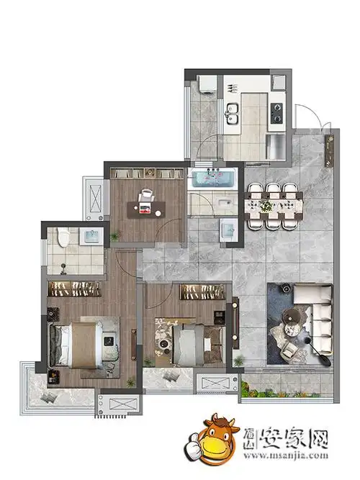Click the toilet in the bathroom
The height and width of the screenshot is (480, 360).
click(63, 237)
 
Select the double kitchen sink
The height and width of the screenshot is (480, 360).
click(233, 114)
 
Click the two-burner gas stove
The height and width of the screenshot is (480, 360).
click(278, 113)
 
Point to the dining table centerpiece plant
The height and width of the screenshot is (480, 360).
click(266, 206)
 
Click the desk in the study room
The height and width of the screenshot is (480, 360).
click(146, 209)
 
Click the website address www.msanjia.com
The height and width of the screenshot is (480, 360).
click(286, 456)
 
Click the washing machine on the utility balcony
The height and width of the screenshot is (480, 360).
click(207, 83)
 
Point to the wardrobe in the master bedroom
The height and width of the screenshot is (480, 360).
click(74, 289)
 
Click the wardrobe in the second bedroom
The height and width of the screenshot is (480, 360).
click(202, 291)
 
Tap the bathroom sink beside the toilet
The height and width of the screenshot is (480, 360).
click(91, 236)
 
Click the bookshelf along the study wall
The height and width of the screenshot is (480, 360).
click(146, 173)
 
